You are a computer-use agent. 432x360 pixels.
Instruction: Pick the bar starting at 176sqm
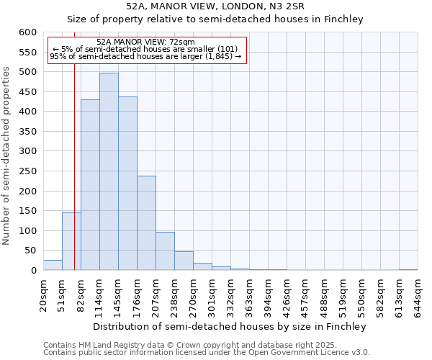pyautogui.click(x=146, y=223)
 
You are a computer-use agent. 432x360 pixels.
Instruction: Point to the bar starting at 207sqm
pyautogui.click(x=165, y=251)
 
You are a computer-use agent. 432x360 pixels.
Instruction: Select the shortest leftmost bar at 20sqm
pyautogui.click(x=53, y=265)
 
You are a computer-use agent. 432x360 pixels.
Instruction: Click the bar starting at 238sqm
pyautogui.click(x=184, y=261)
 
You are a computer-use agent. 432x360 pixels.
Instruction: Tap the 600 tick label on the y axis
pyautogui.click(x=27, y=32)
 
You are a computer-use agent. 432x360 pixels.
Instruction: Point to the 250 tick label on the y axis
pyautogui.click(x=27, y=192)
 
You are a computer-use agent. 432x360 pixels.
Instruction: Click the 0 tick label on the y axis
pyautogui.click(x=33, y=271)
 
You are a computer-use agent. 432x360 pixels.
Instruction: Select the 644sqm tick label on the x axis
pyautogui.click(x=418, y=297)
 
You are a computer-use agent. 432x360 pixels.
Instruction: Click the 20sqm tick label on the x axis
pyautogui.click(x=44, y=295)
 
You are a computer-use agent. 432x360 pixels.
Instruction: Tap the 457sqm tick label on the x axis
pyautogui.click(x=306, y=297)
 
